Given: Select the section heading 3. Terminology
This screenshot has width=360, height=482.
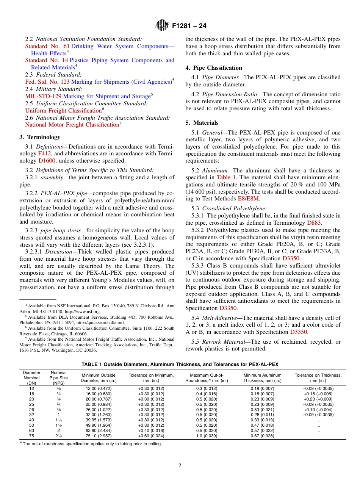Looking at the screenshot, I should [40, 137].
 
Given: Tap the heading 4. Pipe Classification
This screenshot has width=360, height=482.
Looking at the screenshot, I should [214, 68].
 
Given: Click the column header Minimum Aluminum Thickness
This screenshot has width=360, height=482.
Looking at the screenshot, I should [262, 378].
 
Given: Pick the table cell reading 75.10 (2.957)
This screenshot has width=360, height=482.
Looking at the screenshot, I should [99, 436].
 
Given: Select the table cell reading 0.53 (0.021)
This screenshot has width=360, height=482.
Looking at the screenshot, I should [262, 410].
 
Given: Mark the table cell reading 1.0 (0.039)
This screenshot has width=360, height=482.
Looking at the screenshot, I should [207, 436].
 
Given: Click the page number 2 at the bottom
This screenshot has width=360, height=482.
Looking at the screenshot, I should [180, 466].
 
